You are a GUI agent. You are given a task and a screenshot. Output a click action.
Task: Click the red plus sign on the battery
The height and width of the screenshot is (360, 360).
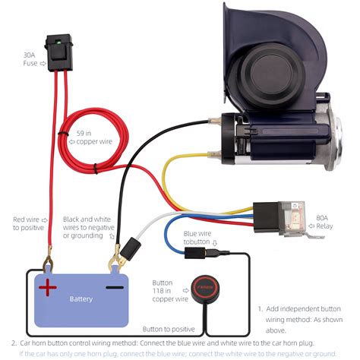pyautogui.click(x=48, y=287)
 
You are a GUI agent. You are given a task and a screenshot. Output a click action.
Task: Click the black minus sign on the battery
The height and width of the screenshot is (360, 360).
pyautogui.click(x=114, y=287)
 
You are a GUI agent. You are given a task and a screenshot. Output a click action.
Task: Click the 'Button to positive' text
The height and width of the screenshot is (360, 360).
pyautogui.click(x=169, y=329)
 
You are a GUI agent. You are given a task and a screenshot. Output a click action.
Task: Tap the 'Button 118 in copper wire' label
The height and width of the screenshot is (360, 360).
pyautogui.click(x=169, y=290)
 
